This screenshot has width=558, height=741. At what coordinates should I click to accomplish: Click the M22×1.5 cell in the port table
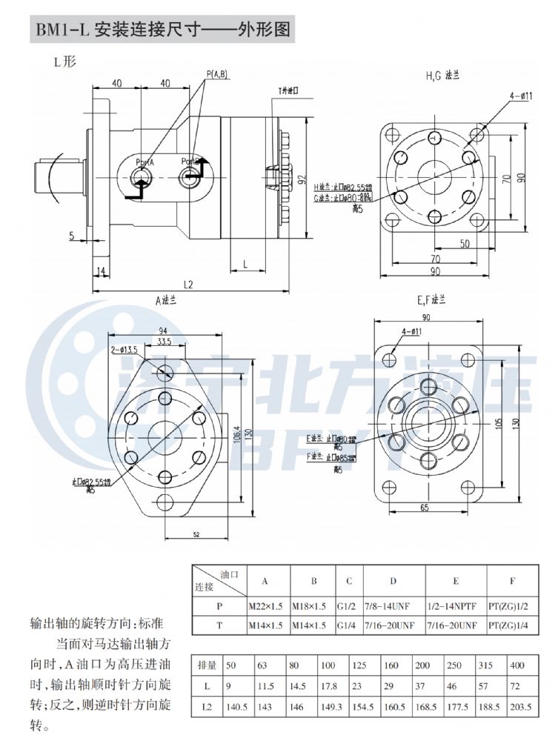click(x=266, y=605)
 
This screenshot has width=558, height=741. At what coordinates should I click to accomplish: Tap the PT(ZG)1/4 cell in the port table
click(x=508, y=625)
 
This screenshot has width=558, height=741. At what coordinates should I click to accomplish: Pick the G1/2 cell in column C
click(x=345, y=605)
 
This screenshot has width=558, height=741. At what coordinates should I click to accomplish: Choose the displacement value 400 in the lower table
click(x=518, y=666)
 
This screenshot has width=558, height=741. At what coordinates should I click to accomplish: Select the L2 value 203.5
click(x=520, y=708)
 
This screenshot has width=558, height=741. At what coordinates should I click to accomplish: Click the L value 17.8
click(x=330, y=687)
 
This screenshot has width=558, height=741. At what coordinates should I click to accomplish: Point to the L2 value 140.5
click(x=236, y=708)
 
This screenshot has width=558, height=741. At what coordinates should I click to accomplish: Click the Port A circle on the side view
click(x=141, y=177)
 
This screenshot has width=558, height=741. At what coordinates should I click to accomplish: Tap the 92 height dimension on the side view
click(x=302, y=179)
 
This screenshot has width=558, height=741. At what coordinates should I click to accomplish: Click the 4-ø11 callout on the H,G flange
click(x=522, y=96)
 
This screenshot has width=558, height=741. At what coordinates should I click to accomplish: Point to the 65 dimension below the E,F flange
click(x=424, y=508)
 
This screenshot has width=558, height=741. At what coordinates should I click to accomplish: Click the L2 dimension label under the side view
click(x=188, y=285)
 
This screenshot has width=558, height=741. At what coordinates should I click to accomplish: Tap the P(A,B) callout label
click(x=217, y=73)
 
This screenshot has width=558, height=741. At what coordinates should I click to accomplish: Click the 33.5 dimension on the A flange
click(x=165, y=342)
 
